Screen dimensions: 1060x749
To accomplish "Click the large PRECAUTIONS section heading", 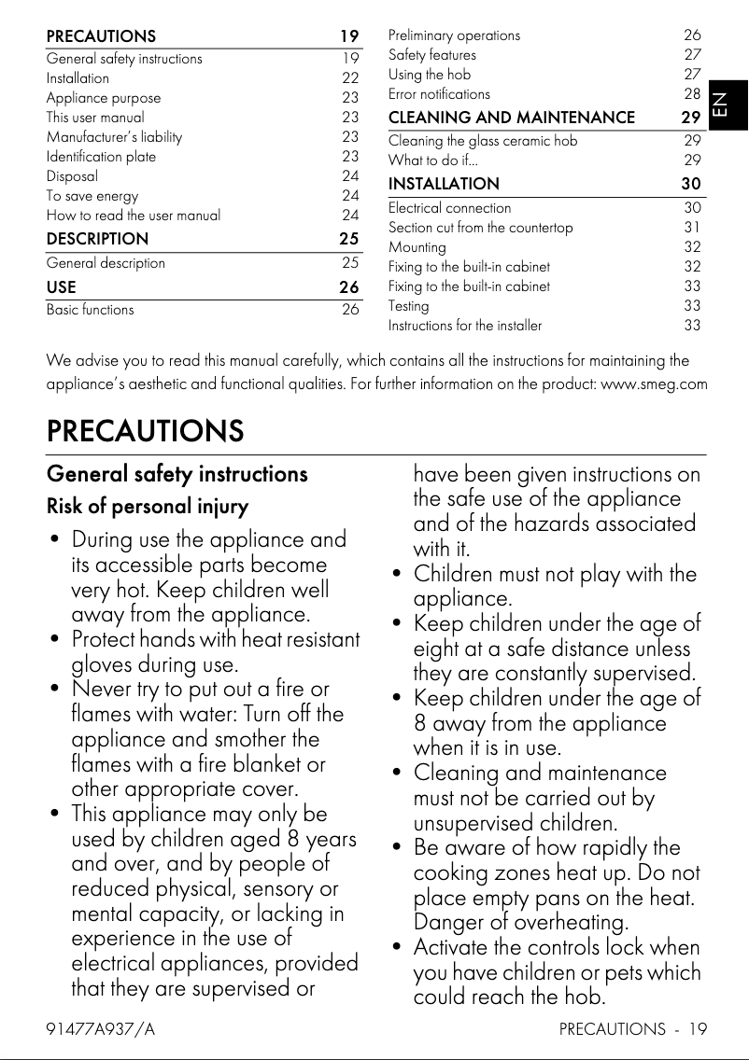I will point(145,431).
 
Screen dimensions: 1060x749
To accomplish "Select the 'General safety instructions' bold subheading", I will point(177,474).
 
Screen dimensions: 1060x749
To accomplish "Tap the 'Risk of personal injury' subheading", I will point(148,508).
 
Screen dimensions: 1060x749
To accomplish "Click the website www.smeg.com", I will point(654,384).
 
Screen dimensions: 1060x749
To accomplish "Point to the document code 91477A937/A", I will point(101,1029).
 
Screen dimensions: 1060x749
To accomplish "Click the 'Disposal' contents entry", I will point(72,175).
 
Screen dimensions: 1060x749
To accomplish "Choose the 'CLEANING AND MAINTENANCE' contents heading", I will point(511,118).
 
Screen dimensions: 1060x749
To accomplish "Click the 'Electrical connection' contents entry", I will point(449,208).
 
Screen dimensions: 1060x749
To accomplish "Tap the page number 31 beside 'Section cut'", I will point(692,228).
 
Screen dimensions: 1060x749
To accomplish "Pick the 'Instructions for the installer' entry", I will point(464,326).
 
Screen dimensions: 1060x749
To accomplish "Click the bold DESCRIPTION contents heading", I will point(97,239).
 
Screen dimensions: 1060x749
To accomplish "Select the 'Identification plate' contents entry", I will point(101,156).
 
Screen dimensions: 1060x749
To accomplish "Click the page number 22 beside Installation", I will point(350,78).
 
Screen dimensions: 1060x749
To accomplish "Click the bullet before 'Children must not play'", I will point(399,574).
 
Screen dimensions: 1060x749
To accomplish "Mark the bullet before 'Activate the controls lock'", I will point(399,948).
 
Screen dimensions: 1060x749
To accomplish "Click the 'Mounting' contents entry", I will point(417,247).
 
